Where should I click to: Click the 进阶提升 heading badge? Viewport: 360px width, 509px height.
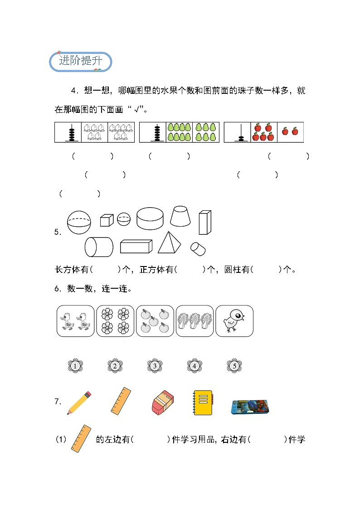80,61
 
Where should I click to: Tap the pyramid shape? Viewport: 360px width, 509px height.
169,243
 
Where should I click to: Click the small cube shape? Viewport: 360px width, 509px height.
106,220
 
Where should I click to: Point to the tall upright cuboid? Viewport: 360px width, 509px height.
205,223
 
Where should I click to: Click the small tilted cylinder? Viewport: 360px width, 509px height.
198,248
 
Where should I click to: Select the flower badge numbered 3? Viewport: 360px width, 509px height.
155,365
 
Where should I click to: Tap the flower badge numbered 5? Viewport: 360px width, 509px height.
234,365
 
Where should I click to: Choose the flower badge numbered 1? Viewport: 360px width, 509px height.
75,365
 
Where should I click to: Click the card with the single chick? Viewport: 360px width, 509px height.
234,321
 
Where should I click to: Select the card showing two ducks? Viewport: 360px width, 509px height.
75,321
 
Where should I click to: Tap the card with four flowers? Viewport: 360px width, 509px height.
115,321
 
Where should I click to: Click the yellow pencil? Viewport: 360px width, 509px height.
79,403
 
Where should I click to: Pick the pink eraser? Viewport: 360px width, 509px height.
162,403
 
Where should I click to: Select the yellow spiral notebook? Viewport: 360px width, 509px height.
203,402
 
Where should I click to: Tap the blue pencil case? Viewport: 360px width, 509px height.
250,407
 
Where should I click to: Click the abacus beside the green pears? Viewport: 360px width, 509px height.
157,132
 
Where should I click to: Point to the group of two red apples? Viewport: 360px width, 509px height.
290,131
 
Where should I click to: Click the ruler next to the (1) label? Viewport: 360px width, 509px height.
81,439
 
